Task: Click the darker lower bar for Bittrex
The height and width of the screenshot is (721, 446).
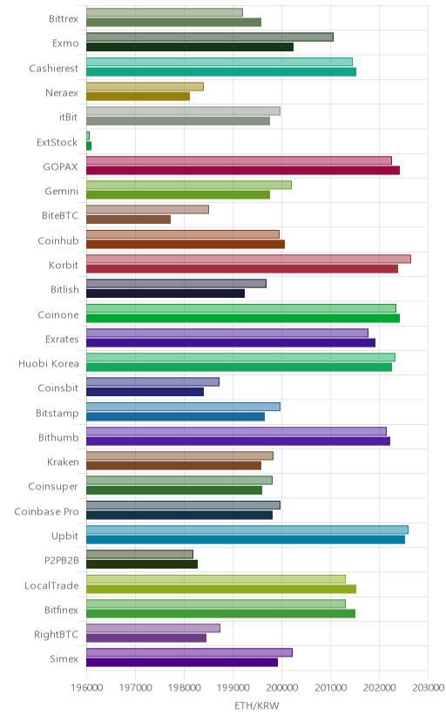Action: point(174,22)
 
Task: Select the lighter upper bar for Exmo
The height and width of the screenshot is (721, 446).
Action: point(210,37)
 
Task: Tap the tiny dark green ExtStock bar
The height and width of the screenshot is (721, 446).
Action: point(89,145)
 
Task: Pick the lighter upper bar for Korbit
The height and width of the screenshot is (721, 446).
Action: point(248,259)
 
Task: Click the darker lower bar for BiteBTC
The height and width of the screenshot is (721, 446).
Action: point(128,219)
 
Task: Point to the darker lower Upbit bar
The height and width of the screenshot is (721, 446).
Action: point(246,539)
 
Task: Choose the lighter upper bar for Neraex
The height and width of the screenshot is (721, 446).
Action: point(145,86)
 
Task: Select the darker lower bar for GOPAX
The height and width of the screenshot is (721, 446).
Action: point(243,170)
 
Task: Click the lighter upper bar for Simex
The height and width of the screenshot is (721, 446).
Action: point(189,652)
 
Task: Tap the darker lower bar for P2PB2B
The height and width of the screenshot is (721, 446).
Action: point(142,564)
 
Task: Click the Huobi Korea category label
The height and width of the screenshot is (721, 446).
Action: point(49,364)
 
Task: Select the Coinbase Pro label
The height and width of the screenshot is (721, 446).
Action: point(46,511)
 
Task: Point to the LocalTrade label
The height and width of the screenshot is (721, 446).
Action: point(51,585)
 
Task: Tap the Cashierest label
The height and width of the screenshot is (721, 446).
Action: point(54,68)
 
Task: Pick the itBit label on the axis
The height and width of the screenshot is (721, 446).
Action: point(69,118)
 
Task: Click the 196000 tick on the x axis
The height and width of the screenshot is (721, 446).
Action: point(86,687)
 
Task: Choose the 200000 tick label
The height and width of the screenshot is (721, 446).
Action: point(281,687)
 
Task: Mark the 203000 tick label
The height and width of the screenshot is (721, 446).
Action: point(428,687)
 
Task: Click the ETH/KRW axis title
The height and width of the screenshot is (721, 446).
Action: point(257,705)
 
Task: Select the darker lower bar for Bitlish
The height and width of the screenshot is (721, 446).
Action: point(166,293)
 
